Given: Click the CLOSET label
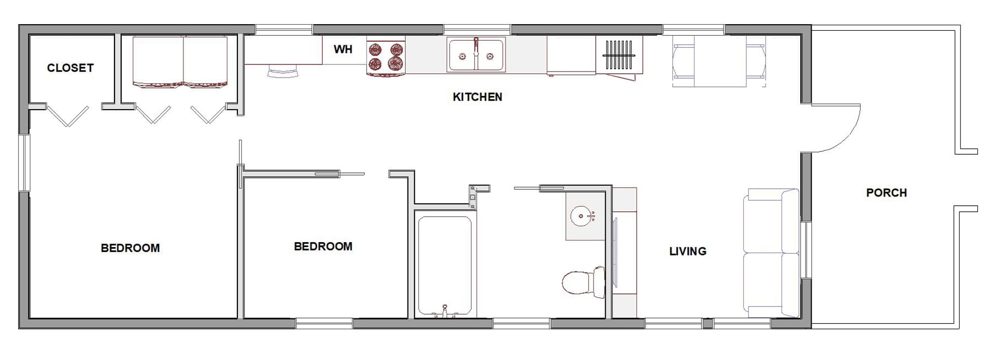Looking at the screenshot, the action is click(x=70, y=68).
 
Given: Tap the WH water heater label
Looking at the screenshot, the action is click(x=343, y=50).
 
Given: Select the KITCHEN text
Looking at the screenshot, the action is click(x=477, y=97).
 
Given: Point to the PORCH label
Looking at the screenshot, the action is click(x=887, y=193).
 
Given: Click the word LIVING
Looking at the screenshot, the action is click(x=688, y=252).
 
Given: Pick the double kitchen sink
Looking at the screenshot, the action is click(x=476, y=54).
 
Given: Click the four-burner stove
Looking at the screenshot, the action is click(x=386, y=57).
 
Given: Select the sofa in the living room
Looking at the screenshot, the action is click(x=771, y=253).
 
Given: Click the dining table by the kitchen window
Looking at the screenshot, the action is click(x=720, y=61).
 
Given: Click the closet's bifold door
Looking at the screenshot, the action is click(x=68, y=116).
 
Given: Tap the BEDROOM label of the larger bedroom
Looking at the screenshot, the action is click(x=131, y=248).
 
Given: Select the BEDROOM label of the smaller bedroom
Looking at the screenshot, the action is click(x=323, y=247).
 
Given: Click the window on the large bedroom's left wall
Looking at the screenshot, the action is click(x=24, y=163).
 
